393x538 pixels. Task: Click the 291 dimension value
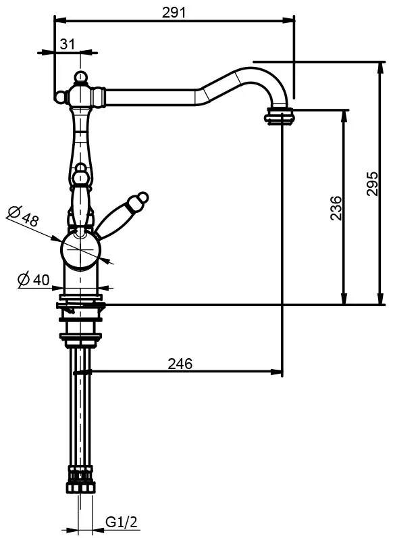point(174,13)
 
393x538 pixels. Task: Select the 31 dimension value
point(68,44)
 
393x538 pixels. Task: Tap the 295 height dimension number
point(372,184)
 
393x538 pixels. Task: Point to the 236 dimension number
point(336,207)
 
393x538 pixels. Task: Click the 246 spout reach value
point(180,364)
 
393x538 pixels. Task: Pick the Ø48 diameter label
point(23,216)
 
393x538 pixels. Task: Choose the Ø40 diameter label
point(34,280)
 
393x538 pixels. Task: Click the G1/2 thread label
point(122,522)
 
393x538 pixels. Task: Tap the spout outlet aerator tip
point(280,116)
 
